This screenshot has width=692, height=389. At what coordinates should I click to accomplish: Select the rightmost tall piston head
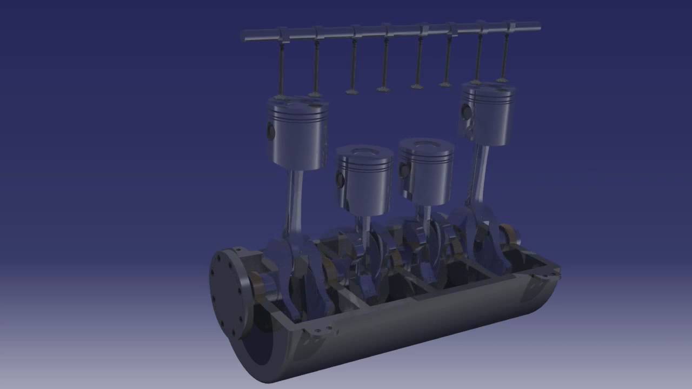tap(487, 115)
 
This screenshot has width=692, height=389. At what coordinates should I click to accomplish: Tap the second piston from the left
tap(364, 178)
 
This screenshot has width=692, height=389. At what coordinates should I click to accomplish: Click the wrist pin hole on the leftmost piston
tap(271, 130)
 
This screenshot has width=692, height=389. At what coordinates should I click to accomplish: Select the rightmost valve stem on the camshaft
tap(505, 54)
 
